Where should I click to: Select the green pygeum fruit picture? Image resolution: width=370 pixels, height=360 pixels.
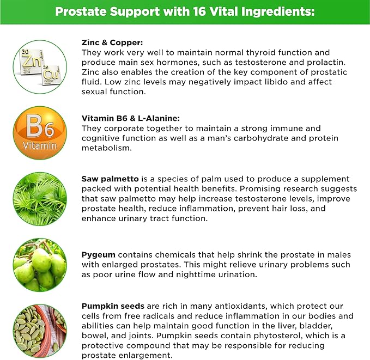(x=39, y=265)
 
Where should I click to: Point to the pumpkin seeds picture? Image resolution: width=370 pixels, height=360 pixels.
(x=39, y=328)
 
